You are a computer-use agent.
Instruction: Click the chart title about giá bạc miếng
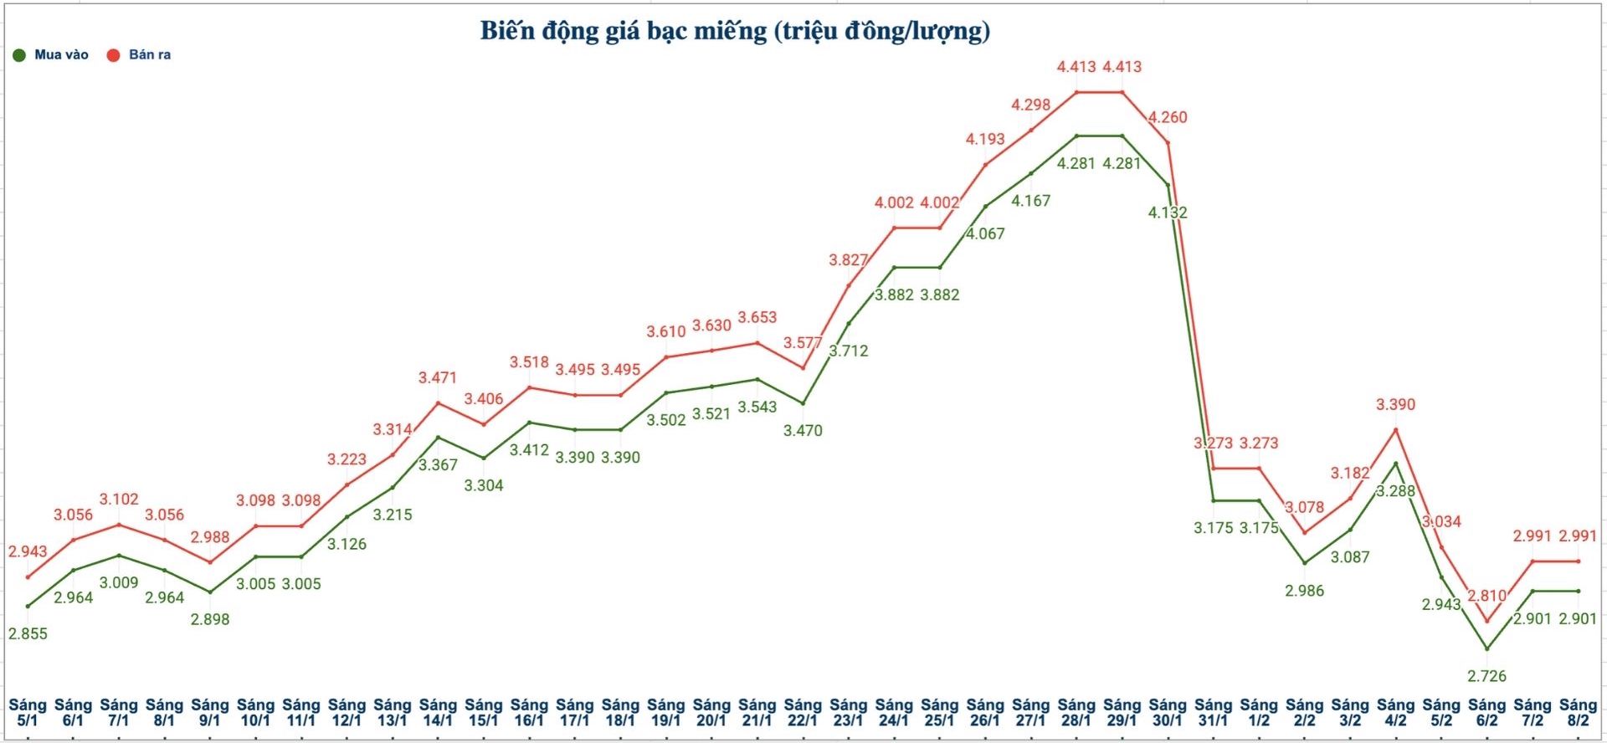click(x=735, y=31)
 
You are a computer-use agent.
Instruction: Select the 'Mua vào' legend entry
click(x=52, y=55)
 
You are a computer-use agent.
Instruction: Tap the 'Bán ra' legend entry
click(x=140, y=55)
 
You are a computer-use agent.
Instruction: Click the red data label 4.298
click(x=1030, y=105)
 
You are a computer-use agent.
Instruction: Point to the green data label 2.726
click(x=1486, y=675)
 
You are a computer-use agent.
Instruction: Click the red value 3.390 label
click(x=1395, y=404)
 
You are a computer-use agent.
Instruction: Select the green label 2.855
click(x=28, y=633)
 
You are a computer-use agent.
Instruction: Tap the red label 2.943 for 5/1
click(x=28, y=551)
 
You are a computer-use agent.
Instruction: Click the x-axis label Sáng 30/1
click(x=1168, y=712)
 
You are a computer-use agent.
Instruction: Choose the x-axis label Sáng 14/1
click(x=438, y=712)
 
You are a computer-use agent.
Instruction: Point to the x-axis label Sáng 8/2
click(x=1578, y=712)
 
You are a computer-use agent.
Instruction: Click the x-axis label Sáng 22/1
click(x=803, y=712)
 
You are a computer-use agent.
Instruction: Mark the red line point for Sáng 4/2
click(x=1395, y=429)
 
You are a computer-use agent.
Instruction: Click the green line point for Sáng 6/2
click(x=1486, y=648)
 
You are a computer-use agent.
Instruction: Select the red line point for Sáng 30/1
click(x=1168, y=142)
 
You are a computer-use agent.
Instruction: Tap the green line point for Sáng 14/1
click(x=438, y=438)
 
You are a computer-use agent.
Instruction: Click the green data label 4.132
click(x=1168, y=213)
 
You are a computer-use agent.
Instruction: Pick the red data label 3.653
click(x=757, y=317)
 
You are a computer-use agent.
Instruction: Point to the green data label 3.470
click(x=803, y=430)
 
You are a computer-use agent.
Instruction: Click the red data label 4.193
click(x=985, y=139)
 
